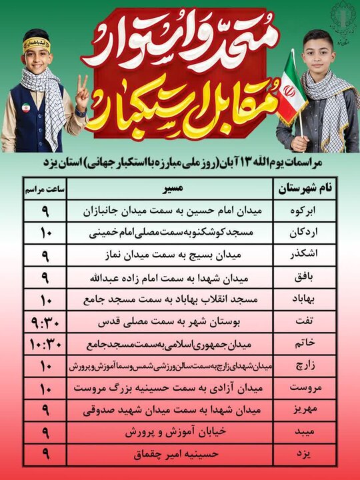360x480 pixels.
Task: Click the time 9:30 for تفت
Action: (43, 321)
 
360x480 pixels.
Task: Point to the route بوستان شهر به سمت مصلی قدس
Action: (171, 321)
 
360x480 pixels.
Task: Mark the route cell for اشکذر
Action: (171, 255)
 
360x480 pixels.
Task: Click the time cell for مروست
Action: (43, 387)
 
